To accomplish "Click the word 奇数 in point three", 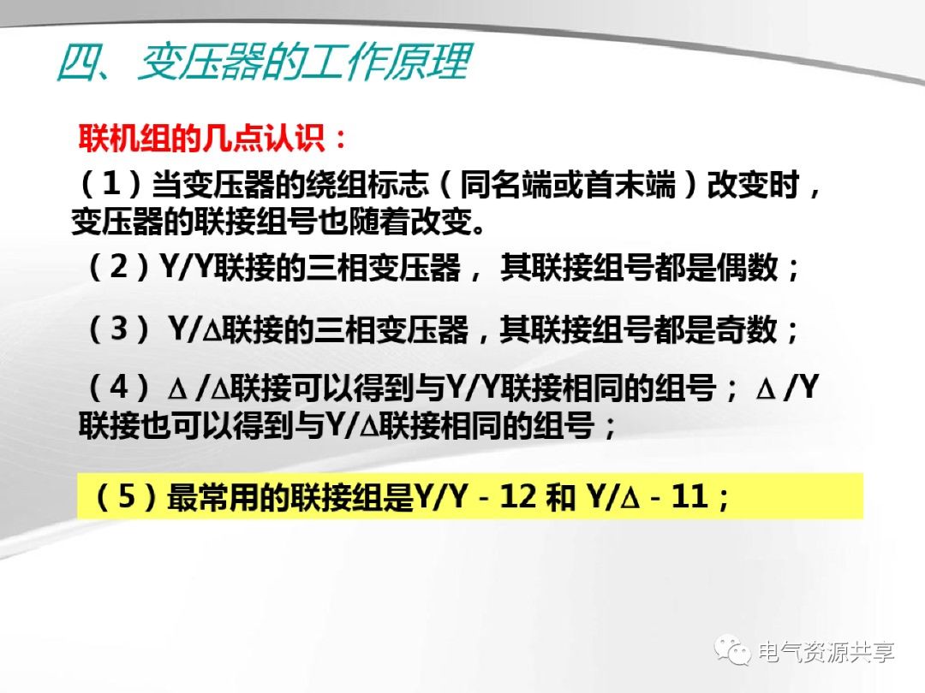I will click(750, 329).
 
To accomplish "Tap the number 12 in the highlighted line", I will click(516, 497).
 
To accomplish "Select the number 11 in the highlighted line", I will click(689, 497).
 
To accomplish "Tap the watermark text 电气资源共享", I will click(827, 653).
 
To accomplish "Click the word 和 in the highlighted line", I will click(560, 497).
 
